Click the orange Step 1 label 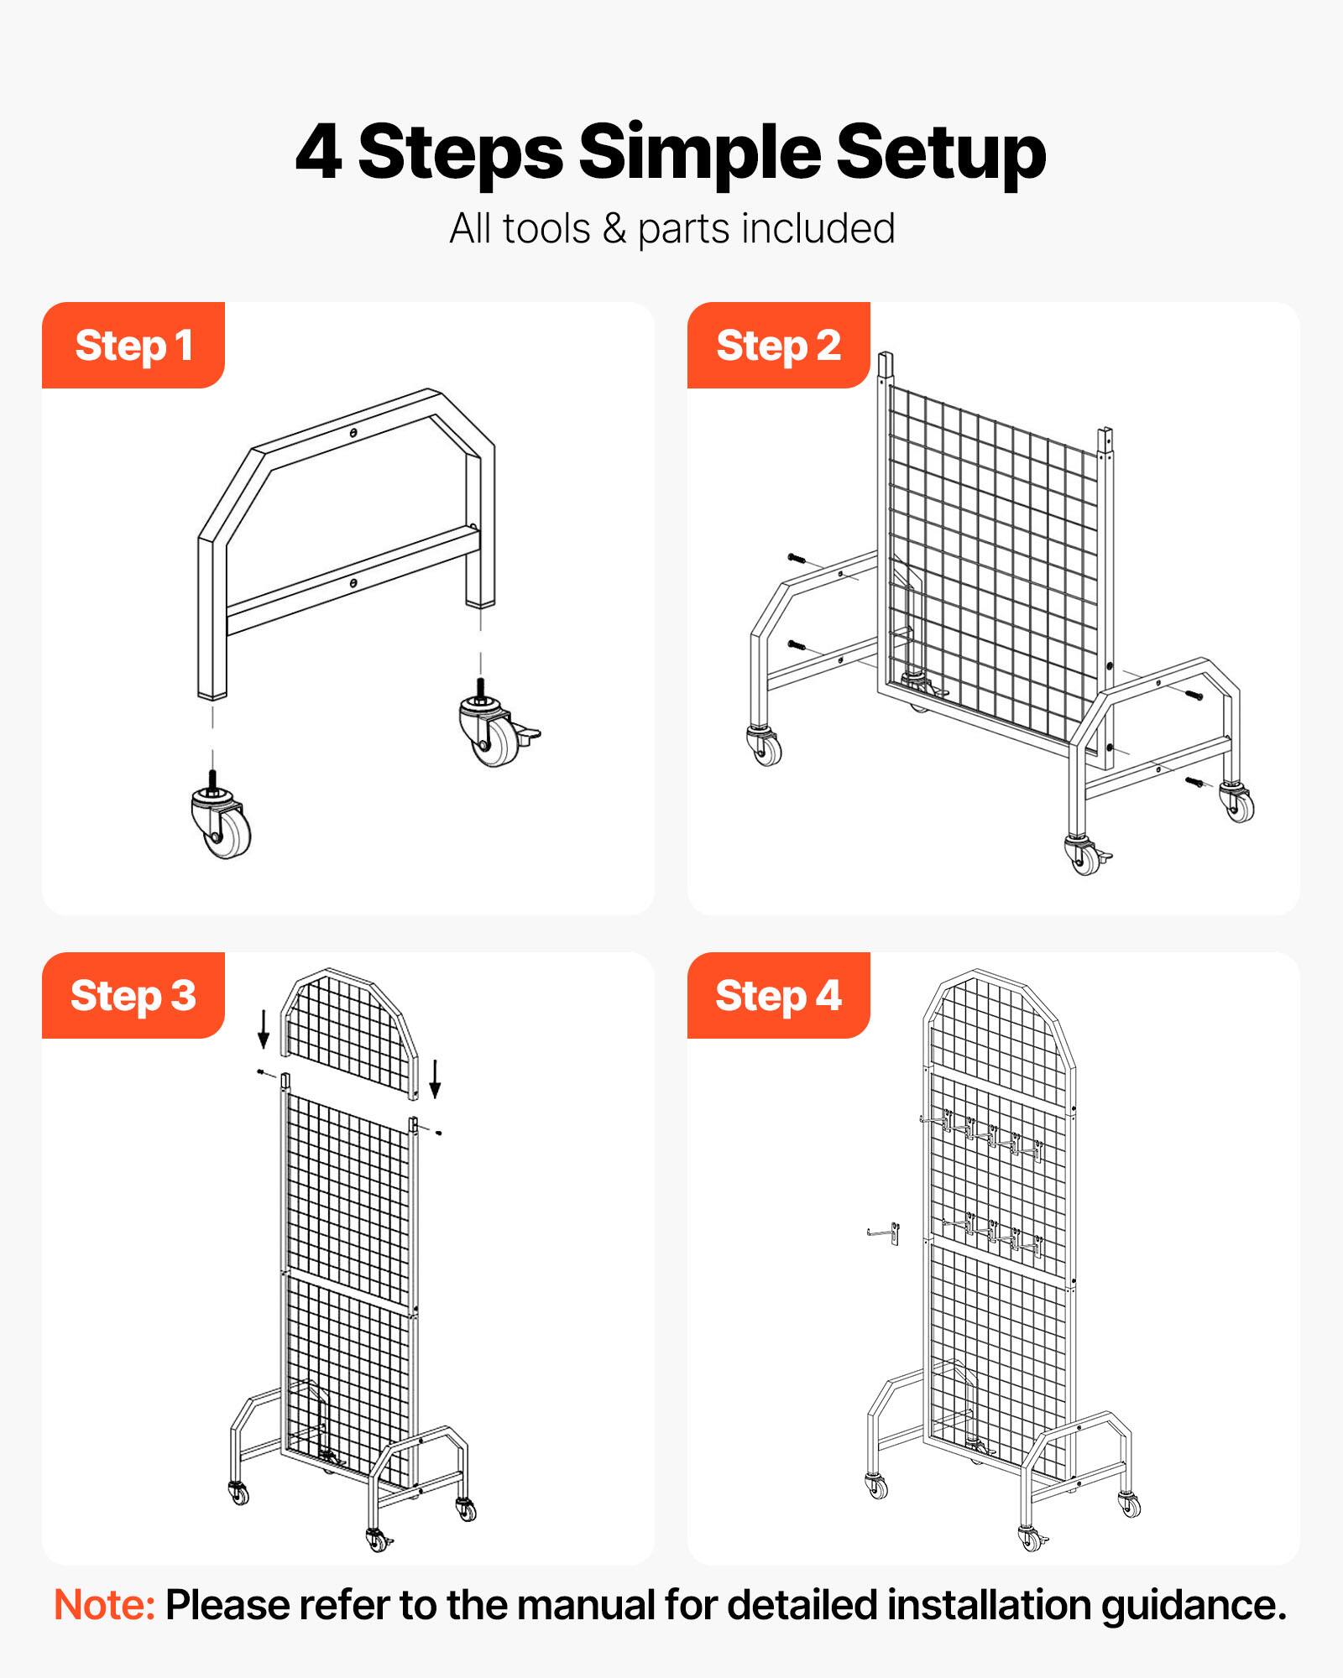click(133, 346)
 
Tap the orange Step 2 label click(778, 346)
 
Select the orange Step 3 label click(133, 996)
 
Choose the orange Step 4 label click(778, 996)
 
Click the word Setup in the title click(940, 153)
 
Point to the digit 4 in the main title click(319, 153)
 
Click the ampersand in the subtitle click(614, 229)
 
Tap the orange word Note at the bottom click(104, 1605)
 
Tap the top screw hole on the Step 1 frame click(353, 433)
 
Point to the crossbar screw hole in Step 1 click(353, 582)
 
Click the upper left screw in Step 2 click(796, 558)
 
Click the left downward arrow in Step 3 click(264, 1028)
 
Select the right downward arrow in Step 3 click(435, 1078)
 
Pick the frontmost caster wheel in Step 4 click(1031, 1538)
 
